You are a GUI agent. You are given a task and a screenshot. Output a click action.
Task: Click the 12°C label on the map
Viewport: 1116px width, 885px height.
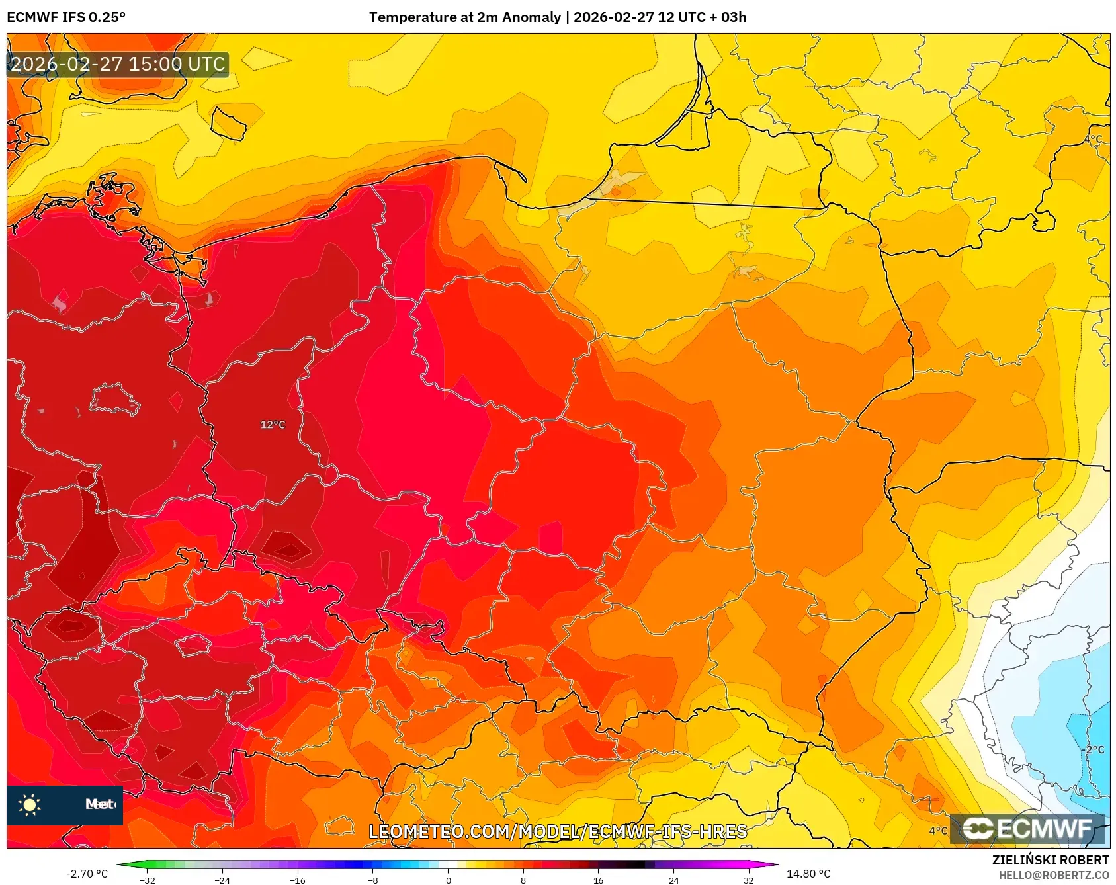pos(273,425)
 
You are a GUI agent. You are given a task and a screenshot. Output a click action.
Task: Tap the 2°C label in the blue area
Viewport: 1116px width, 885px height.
pos(1095,750)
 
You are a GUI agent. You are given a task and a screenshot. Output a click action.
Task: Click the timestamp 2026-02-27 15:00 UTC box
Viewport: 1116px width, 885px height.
pos(118,64)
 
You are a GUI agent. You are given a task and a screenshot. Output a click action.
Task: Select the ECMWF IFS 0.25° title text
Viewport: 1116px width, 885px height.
pos(66,17)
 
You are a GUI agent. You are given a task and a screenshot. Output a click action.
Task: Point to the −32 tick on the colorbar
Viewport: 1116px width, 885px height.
pos(148,880)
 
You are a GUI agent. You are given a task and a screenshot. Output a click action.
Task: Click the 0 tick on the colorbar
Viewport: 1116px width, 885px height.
pos(448,880)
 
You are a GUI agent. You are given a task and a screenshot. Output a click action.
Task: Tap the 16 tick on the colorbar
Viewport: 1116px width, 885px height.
pos(598,880)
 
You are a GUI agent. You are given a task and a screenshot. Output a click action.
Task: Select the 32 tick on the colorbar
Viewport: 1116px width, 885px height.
pos(748,880)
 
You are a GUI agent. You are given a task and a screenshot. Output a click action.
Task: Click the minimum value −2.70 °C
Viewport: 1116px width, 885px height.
pos(87,874)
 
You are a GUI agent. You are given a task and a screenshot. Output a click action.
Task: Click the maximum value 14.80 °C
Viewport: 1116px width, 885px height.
pos(808,874)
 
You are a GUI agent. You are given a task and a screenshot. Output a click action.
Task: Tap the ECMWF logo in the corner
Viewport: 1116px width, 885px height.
pos(1027,829)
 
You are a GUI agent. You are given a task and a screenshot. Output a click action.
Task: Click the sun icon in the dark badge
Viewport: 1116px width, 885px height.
pos(30,805)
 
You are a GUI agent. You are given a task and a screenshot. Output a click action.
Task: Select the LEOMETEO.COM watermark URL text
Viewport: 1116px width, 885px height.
pos(557,831)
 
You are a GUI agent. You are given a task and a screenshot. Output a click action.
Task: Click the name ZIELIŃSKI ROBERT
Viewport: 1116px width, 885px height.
pos(1050,860)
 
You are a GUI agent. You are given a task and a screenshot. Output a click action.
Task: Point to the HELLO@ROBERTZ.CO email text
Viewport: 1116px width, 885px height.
pos(1053,875)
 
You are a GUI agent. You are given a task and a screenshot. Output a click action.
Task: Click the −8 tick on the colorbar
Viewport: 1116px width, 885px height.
pos(372,880)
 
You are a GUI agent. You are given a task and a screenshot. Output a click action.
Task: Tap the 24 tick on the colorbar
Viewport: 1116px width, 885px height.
pos(673,880)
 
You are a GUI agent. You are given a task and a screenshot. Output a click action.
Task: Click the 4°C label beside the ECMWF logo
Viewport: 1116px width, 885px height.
pos(938,831)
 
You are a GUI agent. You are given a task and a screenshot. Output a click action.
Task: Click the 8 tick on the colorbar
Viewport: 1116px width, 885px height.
pos(523,880)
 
